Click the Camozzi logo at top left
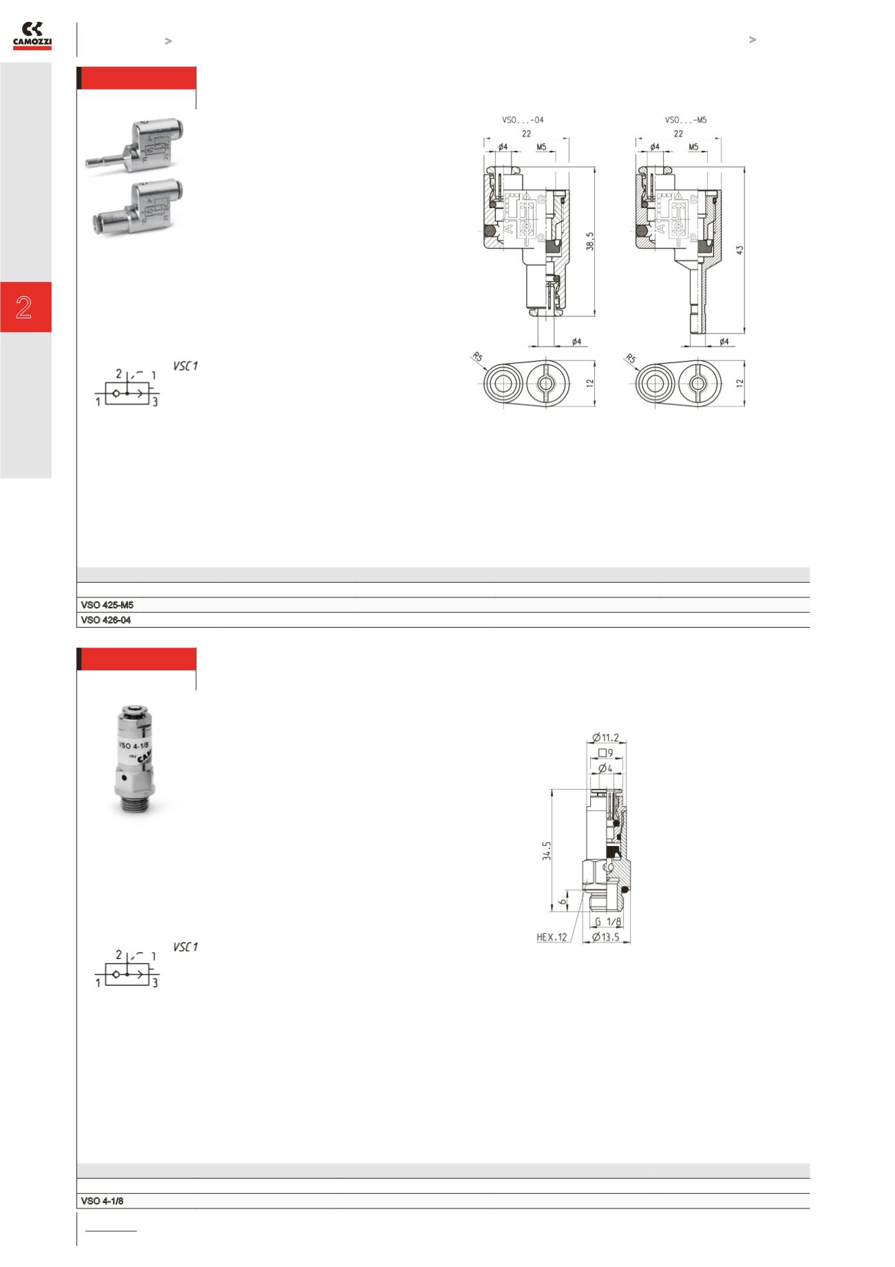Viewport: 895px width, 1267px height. point(32,36)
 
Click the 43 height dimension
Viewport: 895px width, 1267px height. point(740,249)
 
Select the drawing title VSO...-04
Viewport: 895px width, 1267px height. point(523,120)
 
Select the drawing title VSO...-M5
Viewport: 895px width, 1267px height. point(685,120)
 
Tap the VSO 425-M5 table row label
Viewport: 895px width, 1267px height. point(107,605)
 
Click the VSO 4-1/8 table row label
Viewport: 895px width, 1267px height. point(102,1201)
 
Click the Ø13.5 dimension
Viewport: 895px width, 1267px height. point(607,937)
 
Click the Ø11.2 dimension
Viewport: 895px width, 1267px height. point(606,737)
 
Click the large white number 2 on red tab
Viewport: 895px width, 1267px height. point(25,307)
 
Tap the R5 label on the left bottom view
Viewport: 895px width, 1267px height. point(477,358)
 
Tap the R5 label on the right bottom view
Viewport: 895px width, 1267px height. point(630,358)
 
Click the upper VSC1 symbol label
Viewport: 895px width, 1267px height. point(186,367)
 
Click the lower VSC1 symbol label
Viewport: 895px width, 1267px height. point(186,947)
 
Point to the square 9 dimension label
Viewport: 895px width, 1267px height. point(606,752)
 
